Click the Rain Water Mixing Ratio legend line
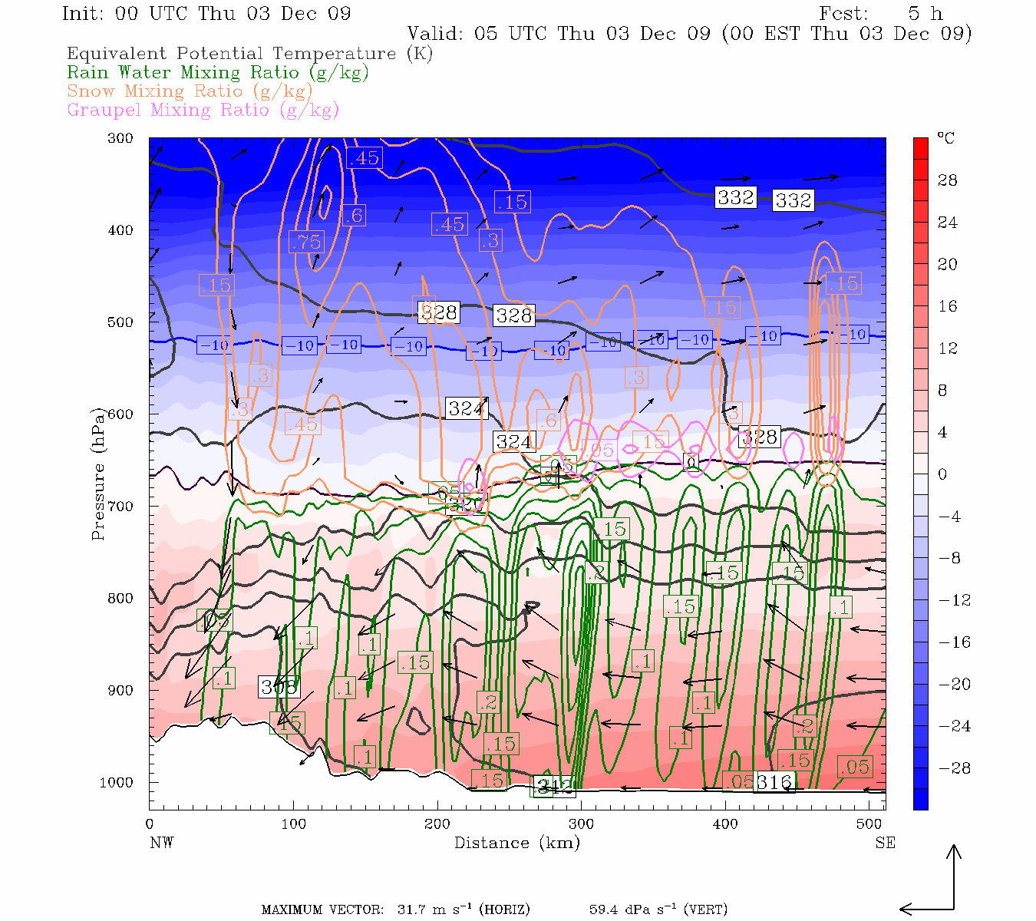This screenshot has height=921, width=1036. [x=218, y=73]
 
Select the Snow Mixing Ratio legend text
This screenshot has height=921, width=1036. [x=190, y=91]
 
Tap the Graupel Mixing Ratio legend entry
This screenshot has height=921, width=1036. [x=203, y=110]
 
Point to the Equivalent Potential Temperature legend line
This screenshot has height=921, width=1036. [x=249, y=54]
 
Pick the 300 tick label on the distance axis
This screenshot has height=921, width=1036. [x=581, y=824]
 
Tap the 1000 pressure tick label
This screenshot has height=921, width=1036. [x=116, y=783]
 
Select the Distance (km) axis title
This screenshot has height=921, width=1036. [x=516, y=843]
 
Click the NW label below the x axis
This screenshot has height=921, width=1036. [x=161, y=843]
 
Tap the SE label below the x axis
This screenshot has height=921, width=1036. [x=885, y=843]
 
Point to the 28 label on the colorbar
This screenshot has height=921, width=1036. [x=948, y=180]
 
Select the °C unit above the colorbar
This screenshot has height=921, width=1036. [x=945, y=138]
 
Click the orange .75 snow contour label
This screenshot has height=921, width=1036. [x=305, y=242]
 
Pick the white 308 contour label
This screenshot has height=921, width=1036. [x=278, y=687]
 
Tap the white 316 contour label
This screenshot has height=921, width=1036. [x=774, y=782]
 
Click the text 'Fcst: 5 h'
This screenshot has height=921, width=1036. [x=880, y=14]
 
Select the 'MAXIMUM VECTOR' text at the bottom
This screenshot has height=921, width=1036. [x=322, y=910]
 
